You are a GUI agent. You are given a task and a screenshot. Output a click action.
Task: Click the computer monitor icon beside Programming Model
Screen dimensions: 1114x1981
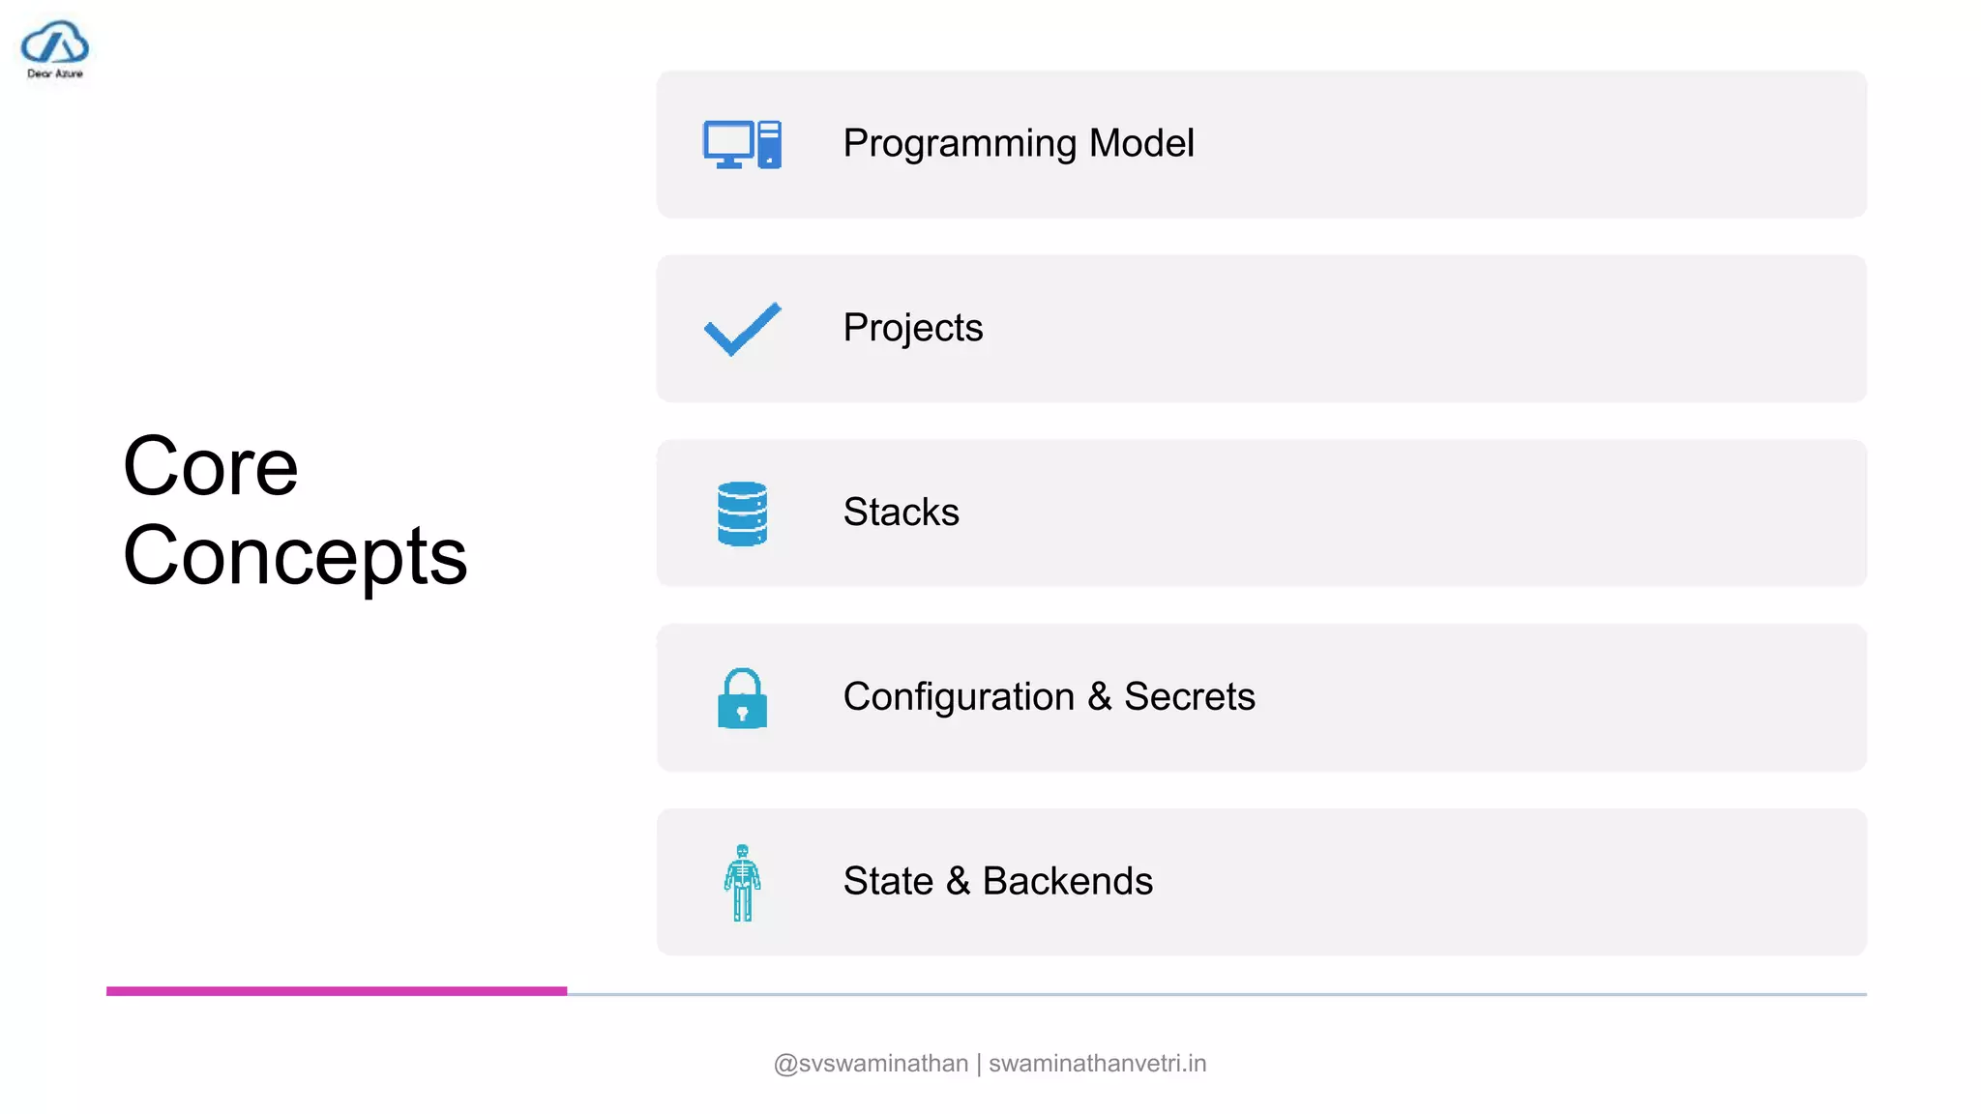pos(741,144)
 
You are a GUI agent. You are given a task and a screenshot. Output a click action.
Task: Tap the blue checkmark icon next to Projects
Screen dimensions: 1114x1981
pos(742,329)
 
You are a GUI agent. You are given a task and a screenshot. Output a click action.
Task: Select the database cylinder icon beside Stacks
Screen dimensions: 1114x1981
pos(742,513)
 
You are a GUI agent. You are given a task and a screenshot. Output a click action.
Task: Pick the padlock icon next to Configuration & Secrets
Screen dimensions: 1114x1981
pos(742,698)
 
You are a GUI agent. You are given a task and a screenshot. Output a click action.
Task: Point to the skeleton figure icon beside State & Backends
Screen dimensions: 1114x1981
pos(742,882)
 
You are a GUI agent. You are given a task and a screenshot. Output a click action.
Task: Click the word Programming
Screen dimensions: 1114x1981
pos(959,144)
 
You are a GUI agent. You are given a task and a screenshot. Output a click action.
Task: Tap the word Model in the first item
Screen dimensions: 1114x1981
pos(1141,143)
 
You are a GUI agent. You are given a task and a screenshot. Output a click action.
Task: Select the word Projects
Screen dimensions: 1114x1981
pos(912,329)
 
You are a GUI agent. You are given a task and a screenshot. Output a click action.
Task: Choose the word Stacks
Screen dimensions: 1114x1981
pos(901,513)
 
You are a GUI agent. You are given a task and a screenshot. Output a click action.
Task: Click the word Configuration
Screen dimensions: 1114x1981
pos(958,697)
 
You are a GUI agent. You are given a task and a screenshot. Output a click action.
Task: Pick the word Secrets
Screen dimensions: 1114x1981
pos(1189,697)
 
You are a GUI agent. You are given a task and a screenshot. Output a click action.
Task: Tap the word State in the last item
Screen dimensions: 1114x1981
pos(887,881)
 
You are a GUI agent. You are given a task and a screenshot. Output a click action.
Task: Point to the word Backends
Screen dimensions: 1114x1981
pos(1067,881)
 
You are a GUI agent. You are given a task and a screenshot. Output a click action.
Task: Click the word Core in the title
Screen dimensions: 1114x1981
pos(211,467)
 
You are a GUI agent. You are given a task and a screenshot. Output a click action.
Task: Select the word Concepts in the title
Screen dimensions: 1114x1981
pos(295,557)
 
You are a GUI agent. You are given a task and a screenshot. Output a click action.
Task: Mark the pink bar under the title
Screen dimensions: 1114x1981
pos(336,990)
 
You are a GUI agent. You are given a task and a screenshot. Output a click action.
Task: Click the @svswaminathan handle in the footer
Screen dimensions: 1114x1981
pos(871,1064)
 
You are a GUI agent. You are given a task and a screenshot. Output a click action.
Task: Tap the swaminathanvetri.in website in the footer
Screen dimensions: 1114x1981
pos(1097,1064)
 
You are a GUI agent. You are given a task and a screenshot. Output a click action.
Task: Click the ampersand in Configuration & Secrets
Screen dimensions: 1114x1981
pos(1099,697)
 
